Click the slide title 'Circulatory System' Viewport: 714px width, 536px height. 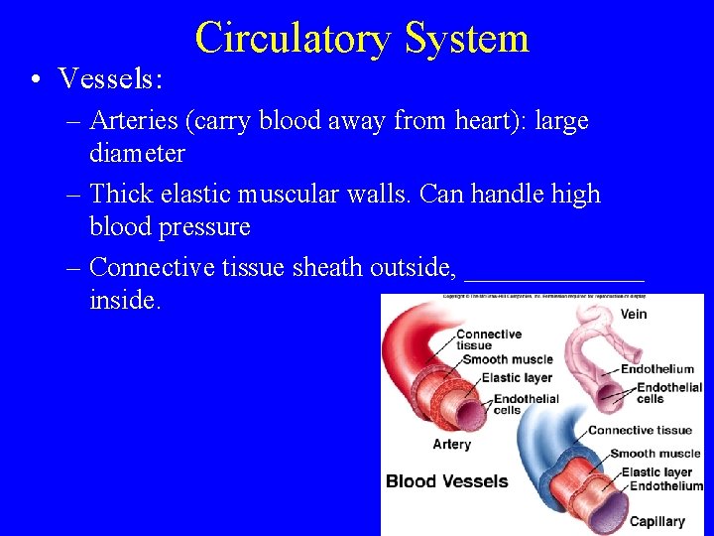pyautogui.click(x=362, y=38)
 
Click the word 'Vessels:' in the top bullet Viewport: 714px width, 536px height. pyautogui.click(x=110, y=77)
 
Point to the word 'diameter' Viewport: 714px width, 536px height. pyautogui.click(x=137, y=154)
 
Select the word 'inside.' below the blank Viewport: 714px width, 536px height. pyautogui.click(x=124, y=300)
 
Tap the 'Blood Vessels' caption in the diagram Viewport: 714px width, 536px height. pyautogui.click(x=446, y=481)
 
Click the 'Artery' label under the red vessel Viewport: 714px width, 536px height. pyautogui.click(x=451, y=444)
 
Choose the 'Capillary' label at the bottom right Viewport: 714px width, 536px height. pyautogui.click(x=656, y=521)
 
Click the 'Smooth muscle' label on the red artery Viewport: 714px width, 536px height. pyautogui.click(x=507, y=359)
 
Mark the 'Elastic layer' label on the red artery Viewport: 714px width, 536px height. pyautogui.click(x=516, y=377)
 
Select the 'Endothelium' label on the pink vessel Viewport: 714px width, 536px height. pyautogui.click(x=657, y=369)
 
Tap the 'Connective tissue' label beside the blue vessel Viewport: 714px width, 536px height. pyautogui.click(x=640, y=430)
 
